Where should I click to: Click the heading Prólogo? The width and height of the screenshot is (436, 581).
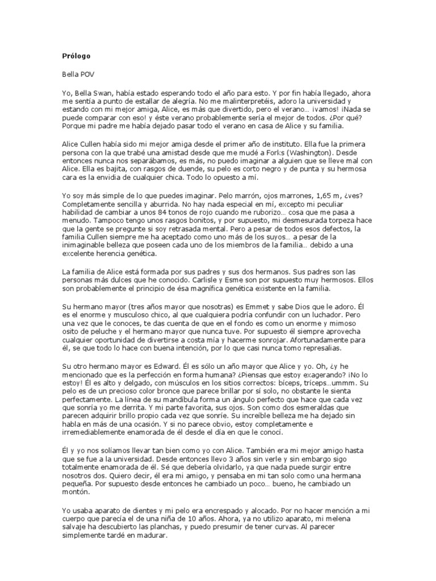coord(76,56)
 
